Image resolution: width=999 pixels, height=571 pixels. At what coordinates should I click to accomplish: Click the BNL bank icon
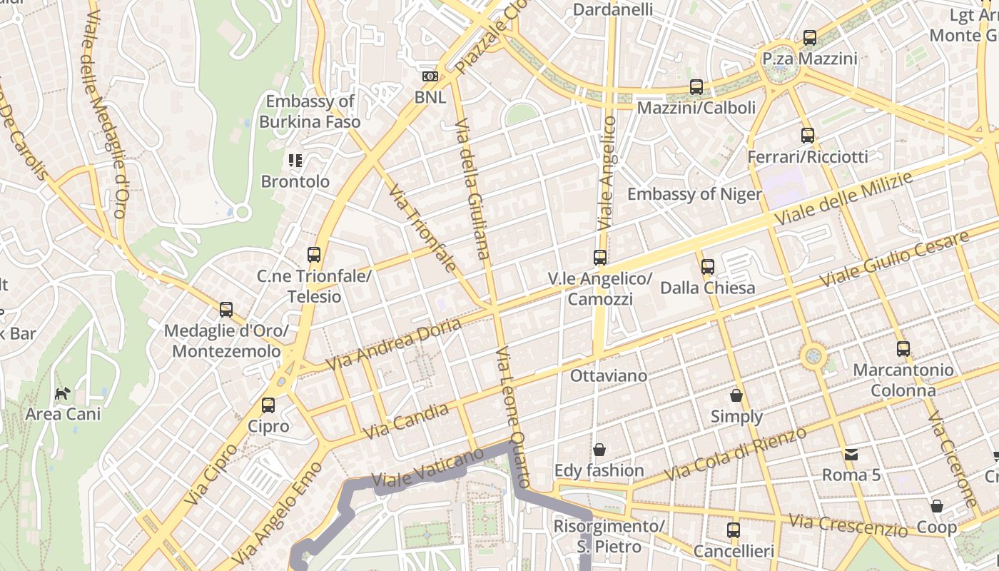430,76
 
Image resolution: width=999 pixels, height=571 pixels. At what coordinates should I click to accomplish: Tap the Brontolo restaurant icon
295,161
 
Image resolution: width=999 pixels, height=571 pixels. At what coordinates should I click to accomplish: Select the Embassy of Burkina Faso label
310,111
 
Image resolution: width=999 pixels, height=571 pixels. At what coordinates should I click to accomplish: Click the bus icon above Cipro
268,405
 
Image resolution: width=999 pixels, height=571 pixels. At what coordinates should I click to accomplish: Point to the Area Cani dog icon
63,393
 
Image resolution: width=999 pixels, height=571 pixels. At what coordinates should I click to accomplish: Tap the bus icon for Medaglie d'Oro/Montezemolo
226,310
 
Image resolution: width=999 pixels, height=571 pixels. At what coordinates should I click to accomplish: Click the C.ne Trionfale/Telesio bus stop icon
314,254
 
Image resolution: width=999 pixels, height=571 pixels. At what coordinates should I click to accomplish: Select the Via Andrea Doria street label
393,345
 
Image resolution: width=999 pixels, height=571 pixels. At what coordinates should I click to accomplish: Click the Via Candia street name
406,421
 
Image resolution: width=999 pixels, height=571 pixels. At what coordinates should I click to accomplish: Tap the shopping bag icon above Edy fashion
599,450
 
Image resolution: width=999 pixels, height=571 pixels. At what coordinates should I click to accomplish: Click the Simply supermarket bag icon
736,395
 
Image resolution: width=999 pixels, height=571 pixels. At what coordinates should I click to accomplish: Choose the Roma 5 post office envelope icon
851,454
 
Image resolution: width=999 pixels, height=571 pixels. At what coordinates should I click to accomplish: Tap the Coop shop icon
937,506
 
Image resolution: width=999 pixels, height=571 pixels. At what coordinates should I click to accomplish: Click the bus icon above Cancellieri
734,530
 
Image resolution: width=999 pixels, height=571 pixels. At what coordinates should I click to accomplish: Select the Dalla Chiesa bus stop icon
708,267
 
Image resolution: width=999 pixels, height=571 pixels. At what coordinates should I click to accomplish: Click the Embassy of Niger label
694,194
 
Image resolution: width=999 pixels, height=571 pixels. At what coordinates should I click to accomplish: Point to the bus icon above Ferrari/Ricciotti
808,135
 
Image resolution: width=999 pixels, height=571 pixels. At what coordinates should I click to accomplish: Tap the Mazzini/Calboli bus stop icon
696,87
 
